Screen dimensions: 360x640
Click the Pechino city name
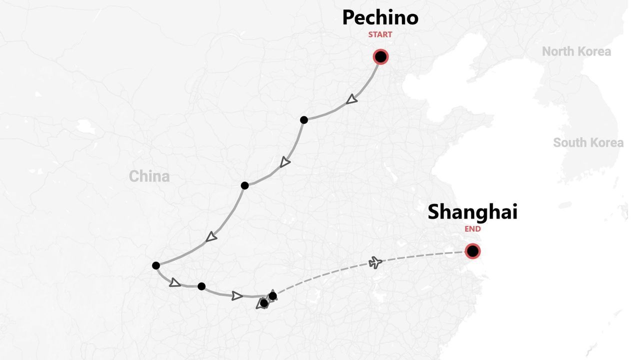pyautogui.click(x=380, y=17)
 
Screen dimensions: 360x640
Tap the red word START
pyautogui.click(x=380, y=34)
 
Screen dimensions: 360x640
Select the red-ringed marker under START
pyautogui.click(x=380, y=57)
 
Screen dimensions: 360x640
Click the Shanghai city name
pyautogui.click(x=472, y=211)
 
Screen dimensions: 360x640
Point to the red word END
pyautogui.click(x=472, y=229)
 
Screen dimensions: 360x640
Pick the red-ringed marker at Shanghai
pyautogui.click(x=472, y=251)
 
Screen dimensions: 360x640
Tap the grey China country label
pyautogui.click(x=149, y=176)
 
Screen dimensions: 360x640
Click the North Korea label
pyautogui.click(x=576, y=51)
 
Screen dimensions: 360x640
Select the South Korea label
pyautogui.click(x=588, y=142)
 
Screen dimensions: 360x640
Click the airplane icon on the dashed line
pyautogui.click(x=375, y=262)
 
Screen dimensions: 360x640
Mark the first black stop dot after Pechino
pyautogui.click(x=304, y=120)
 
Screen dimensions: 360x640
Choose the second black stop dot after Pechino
pyautogui.click(x=244, y=185)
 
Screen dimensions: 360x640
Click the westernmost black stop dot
pyautogui.click(x=156, y=265)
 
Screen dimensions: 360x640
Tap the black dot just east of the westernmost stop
pyautogui.click(x=201, y=286)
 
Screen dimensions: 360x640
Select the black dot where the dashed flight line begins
pyautogui.click(x=272, y=296)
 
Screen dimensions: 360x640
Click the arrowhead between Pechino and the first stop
pyautogui.click(x=352, y=99)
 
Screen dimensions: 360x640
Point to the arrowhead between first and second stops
pyautogui.click(x=284, y=162)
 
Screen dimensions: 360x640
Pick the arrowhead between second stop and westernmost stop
pyautogui.click(x=211, y=236)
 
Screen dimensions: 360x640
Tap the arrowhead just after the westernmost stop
pyautogui.click(x=174, y=282)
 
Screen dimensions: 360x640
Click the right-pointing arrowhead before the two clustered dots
pyautogui.click(x=237, y=295)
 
